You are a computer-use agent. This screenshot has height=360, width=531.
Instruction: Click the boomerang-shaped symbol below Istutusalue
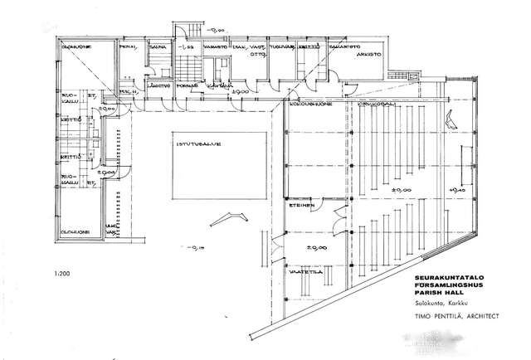229,219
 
